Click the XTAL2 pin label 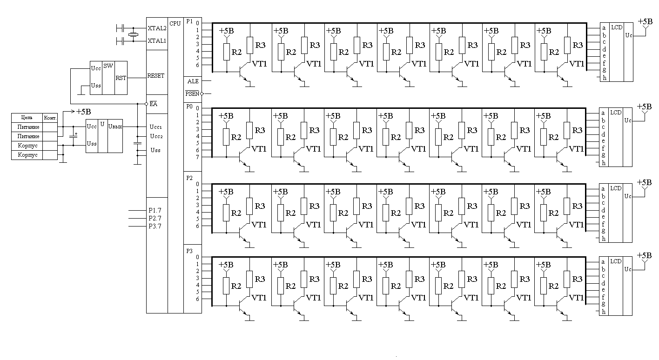(156, 28)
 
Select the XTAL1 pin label (156, 41)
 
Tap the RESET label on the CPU (155, 76)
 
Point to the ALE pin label (193, 81)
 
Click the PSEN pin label (192, 93)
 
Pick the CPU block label (175, 23)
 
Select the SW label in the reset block (108, 66)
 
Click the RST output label (121, 78)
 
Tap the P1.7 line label (155, 211)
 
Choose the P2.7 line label (155, 218)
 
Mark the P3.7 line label (155, 226)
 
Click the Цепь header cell (27, 117)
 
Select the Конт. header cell (50, 117)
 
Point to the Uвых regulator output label (115, 126)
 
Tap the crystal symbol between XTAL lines (134, 35)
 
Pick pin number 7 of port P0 (197, 157)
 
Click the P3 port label (189, 251)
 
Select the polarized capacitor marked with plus (74, 136)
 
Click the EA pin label (153, 104)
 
